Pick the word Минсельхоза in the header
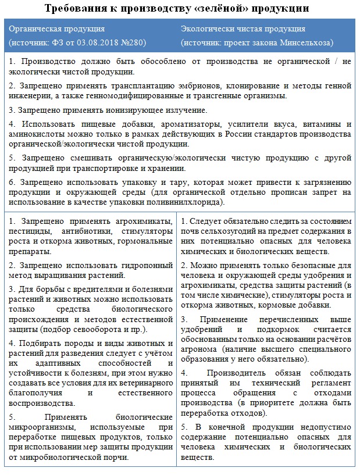[x=305, y=43]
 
